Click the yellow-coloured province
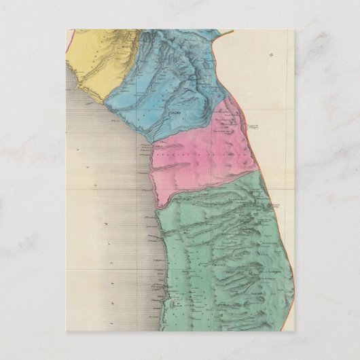102,65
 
